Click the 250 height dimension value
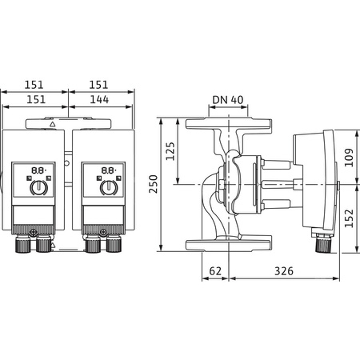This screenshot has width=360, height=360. coord(155,183)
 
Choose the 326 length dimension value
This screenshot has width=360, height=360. coord(278,271)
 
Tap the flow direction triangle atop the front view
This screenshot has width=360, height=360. coord(52,125)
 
